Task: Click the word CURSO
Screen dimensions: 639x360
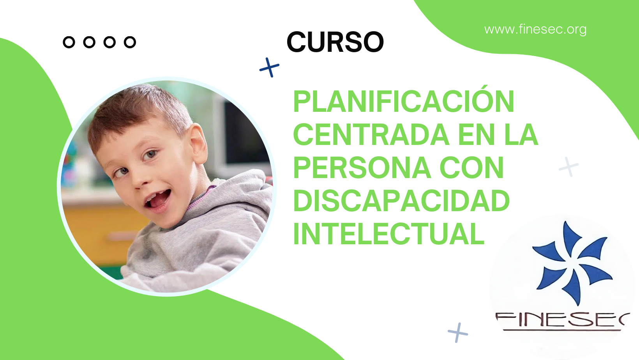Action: (335, 42)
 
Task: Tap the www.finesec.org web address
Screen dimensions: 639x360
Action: (535, 29)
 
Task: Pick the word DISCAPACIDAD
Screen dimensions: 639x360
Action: (401, 201)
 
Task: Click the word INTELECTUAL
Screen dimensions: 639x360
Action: (389, 234)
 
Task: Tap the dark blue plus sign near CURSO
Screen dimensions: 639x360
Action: (269, 68)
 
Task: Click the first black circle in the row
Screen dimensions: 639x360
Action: (69, 42)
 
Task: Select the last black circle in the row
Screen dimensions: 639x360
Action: (130, 42)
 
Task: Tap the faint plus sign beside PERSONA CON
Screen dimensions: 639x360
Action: (568, 167)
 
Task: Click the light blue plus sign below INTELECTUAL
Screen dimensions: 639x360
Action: (458, 333)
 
